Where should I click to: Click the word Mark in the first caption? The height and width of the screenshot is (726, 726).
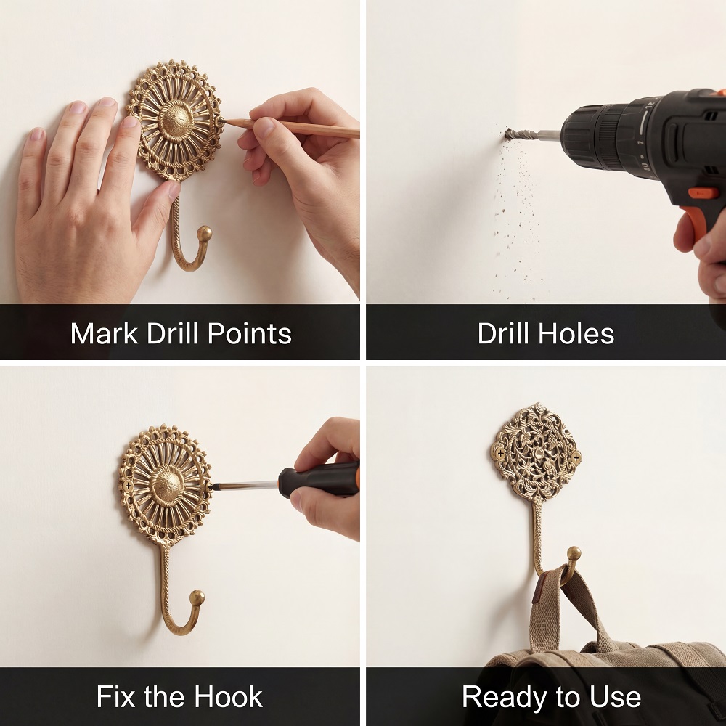(104, 333)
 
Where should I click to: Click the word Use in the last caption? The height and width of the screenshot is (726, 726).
(616, 696)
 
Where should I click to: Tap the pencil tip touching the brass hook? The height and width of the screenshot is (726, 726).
(221, 121)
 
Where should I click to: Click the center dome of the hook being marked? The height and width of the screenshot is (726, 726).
(176, 121)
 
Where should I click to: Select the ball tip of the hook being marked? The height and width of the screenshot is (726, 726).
(204, 233)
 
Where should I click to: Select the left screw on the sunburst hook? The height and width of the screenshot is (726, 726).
(128, 486)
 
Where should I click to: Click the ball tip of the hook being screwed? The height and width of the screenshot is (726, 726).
(197, 597)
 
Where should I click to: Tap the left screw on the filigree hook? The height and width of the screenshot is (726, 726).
(500, 452)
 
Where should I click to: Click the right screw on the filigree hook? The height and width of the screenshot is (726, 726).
(576, 458)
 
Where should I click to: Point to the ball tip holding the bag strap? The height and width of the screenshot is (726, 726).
(574, 554)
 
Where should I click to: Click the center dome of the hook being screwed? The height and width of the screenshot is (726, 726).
(168, 486)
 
